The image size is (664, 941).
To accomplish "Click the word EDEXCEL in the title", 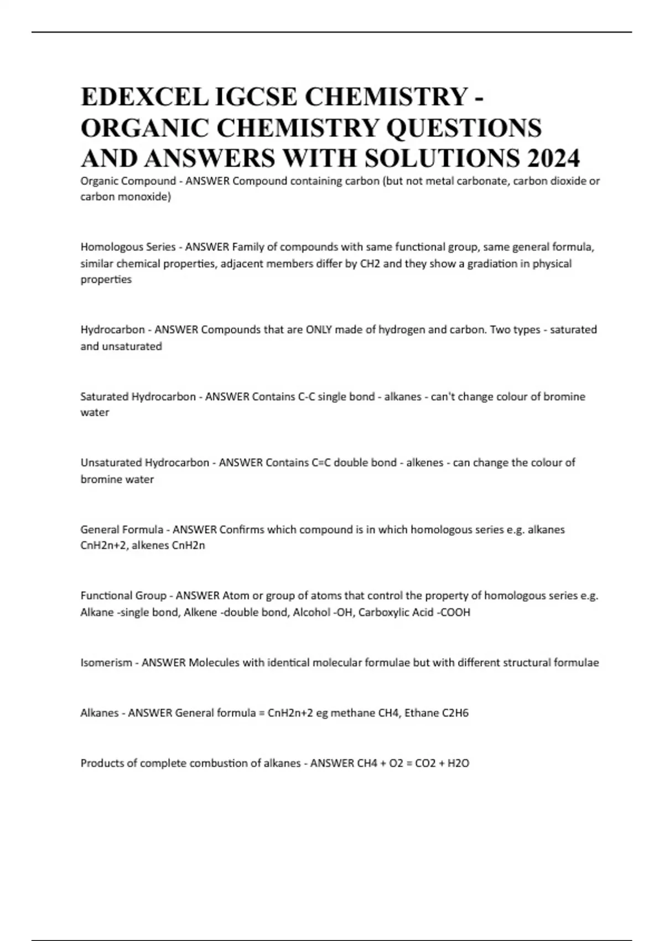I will [141, 97].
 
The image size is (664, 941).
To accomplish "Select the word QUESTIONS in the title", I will [463, 128].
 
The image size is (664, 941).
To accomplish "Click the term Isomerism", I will [106, 663].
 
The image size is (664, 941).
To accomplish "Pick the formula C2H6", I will [455, 713].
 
